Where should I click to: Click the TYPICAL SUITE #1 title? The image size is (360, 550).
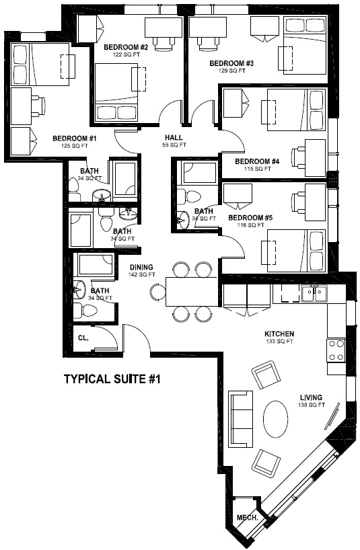(x=112, y=379)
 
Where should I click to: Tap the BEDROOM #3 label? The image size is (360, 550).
(x=231, y=63)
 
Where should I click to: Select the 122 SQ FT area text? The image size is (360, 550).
(x=126, y=54)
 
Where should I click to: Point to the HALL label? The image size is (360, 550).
(x=174, y=137)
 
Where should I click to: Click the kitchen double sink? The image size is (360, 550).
(x=314, y=293)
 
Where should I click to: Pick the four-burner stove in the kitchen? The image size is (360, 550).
(x=336, y=350)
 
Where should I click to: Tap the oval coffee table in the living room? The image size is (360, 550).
(x=276, y=419)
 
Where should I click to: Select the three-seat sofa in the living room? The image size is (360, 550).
(x=241, y=419)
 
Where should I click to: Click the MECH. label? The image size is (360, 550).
(x=248, y=517)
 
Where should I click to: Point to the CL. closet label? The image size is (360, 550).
(x=83, y=338)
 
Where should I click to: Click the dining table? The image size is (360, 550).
(x=191, y=292)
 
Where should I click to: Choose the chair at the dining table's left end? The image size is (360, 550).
(x=157, y=292)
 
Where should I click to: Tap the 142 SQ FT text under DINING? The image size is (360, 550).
(x=141, y=274)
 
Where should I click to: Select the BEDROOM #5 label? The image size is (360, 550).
(x=250, y=218)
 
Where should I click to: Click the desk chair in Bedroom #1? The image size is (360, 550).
(x=38, y=106)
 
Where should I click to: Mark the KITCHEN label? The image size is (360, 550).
(x=279, y=334)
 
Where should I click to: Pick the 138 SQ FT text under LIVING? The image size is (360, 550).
(x=312, y=405)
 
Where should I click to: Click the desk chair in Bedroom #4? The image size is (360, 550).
(x=299, y=158)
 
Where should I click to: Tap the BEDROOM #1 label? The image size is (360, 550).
(x=75, y=139)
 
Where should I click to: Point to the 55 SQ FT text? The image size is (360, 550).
(x=174, y=145)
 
